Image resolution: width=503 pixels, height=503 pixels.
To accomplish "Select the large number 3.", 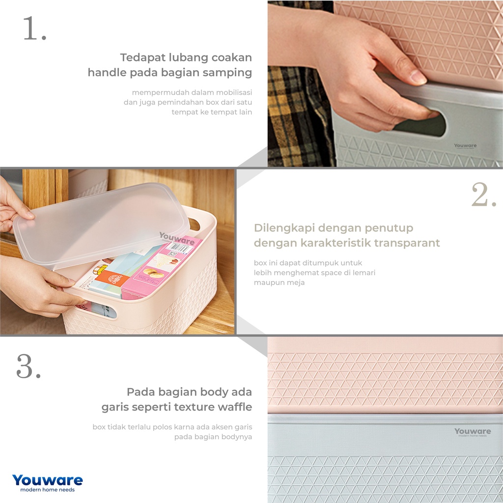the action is [28, 366].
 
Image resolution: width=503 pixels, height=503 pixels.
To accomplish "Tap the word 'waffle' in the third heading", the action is [235, 407].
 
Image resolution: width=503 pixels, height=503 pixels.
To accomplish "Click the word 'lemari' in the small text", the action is [365, 273].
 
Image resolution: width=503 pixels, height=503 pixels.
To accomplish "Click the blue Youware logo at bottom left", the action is [48, 480].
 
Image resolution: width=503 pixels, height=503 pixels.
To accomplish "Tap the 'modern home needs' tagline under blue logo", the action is [48, 490].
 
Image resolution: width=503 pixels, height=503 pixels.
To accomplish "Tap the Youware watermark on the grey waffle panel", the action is [473, 432].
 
